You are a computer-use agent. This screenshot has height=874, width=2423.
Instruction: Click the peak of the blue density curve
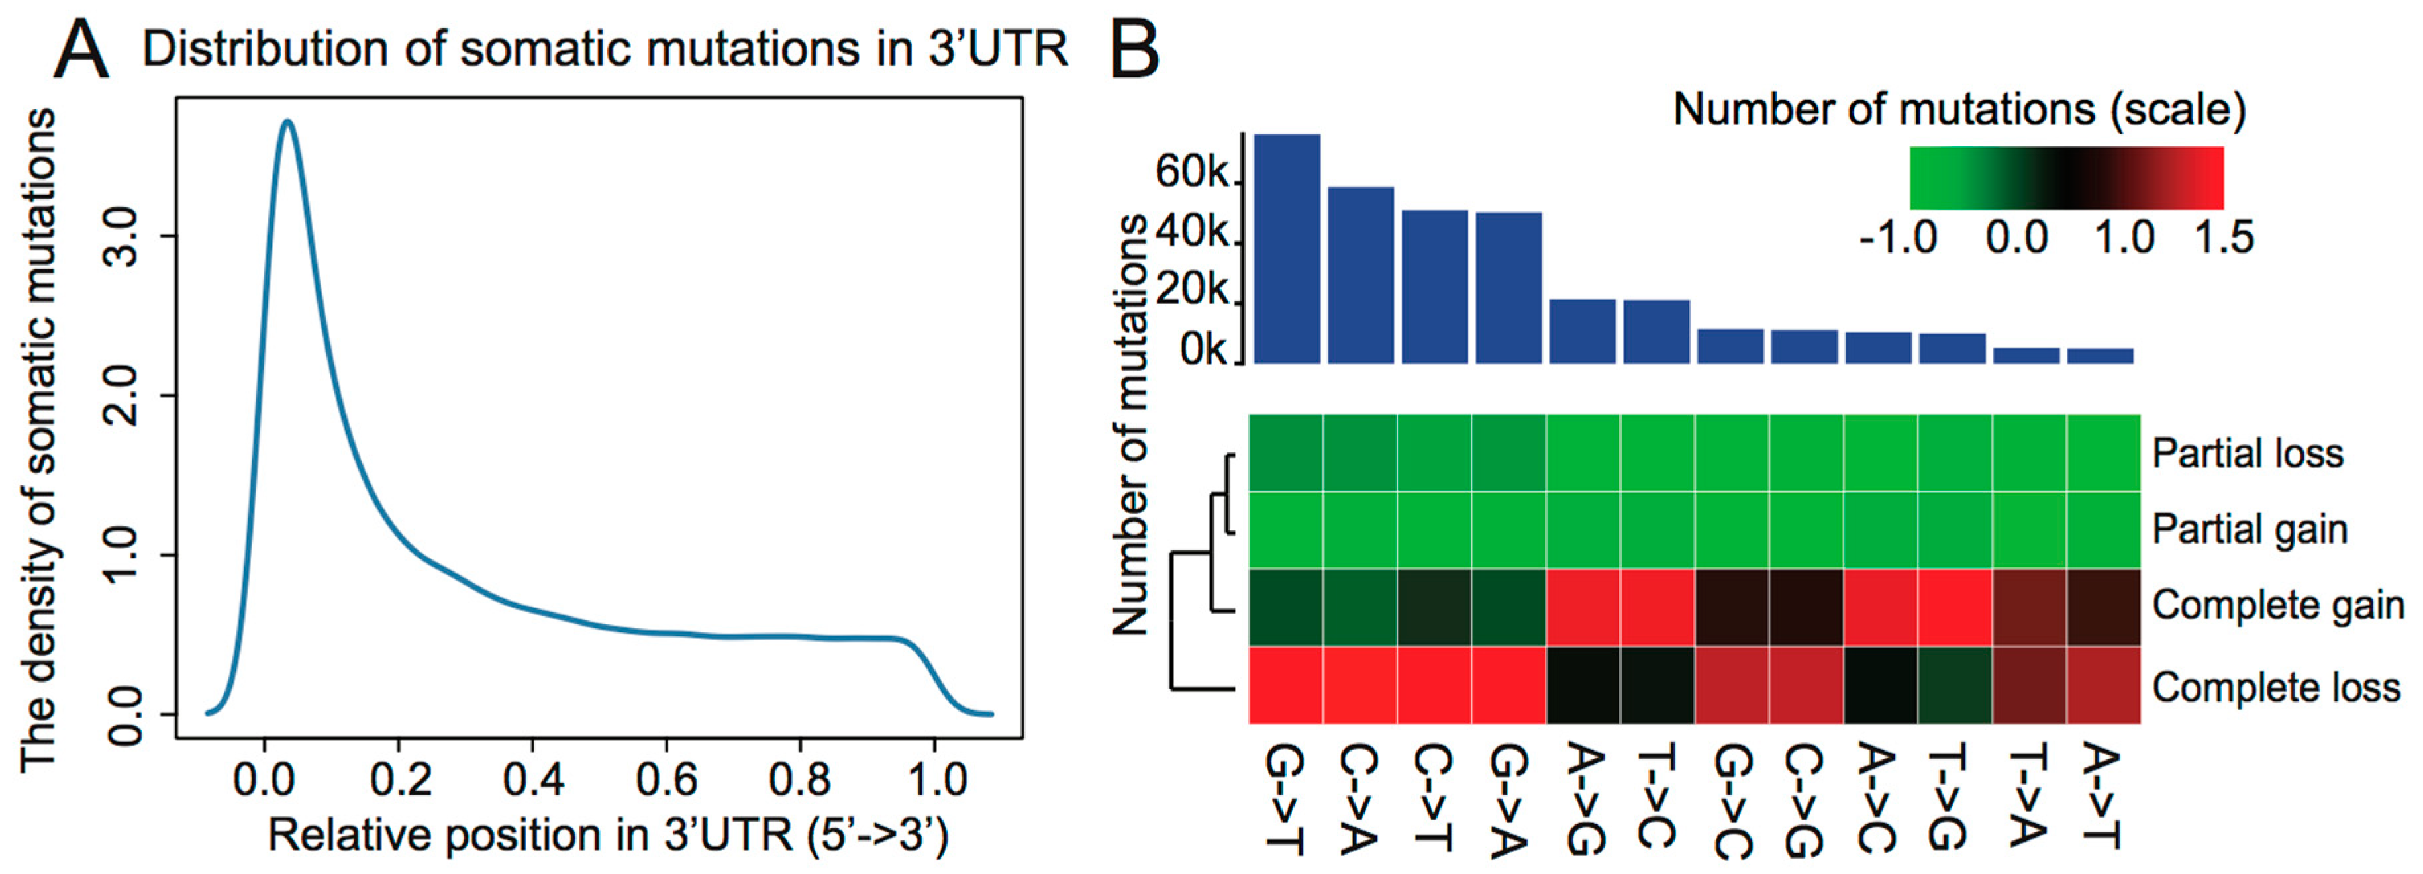point(288,122)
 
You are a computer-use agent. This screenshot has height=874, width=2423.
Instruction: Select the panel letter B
point(1134,52)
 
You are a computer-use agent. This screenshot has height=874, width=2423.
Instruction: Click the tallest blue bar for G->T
point(1287,250)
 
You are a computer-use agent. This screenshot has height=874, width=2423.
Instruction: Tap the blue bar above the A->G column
point(1582,331)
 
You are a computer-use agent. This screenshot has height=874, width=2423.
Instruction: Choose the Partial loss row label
point(2247,454)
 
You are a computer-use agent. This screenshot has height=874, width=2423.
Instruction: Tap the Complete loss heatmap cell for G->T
point(1286,686)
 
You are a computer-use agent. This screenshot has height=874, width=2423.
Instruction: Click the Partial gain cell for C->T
point(1434,530)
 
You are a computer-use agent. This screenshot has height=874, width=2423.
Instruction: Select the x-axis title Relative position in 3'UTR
point(608,836)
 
